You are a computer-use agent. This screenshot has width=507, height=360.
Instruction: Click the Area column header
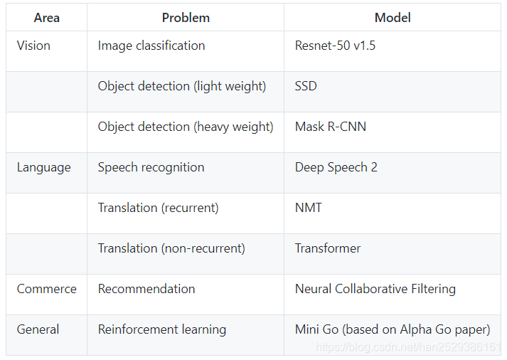[x=46, y=18]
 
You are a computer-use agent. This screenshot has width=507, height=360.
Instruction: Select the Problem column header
[x=185, y=18]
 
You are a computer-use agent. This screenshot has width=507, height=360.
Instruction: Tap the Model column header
[x=393, y=18]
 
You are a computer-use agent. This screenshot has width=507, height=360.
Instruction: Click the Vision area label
[x=33, y=46]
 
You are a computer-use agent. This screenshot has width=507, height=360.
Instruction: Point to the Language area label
[x=43, y=167]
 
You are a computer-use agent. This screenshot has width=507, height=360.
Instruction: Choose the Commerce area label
[x=46, y=289]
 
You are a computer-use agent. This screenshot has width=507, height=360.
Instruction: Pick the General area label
[x=38, y=329]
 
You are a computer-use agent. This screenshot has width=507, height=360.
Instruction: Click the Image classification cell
[x=151, y=46]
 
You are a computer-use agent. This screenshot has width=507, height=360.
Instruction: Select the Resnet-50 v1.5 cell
[x=335, y=46]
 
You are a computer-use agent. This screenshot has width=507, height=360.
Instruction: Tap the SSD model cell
[x=306, y=86]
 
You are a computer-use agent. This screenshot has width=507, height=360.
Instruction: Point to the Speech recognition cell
[x=151, y=167]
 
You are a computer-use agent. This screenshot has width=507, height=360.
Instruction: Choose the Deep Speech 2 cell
[x=336, y=167]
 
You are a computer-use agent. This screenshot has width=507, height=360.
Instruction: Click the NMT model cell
[x=309, y=208]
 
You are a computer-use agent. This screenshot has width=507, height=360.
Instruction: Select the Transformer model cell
[x=328, y=248]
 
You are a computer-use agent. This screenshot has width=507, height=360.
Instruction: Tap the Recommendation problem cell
[x=146, y=289]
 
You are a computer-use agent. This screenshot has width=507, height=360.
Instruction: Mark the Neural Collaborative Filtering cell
[x=375, y=289]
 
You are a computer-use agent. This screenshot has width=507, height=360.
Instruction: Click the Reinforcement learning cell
[x=162, y=329]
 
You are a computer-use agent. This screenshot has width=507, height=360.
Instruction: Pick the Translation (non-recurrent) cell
[x=171, y=248]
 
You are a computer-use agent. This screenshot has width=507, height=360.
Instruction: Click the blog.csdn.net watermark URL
[x=408, y=347]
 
